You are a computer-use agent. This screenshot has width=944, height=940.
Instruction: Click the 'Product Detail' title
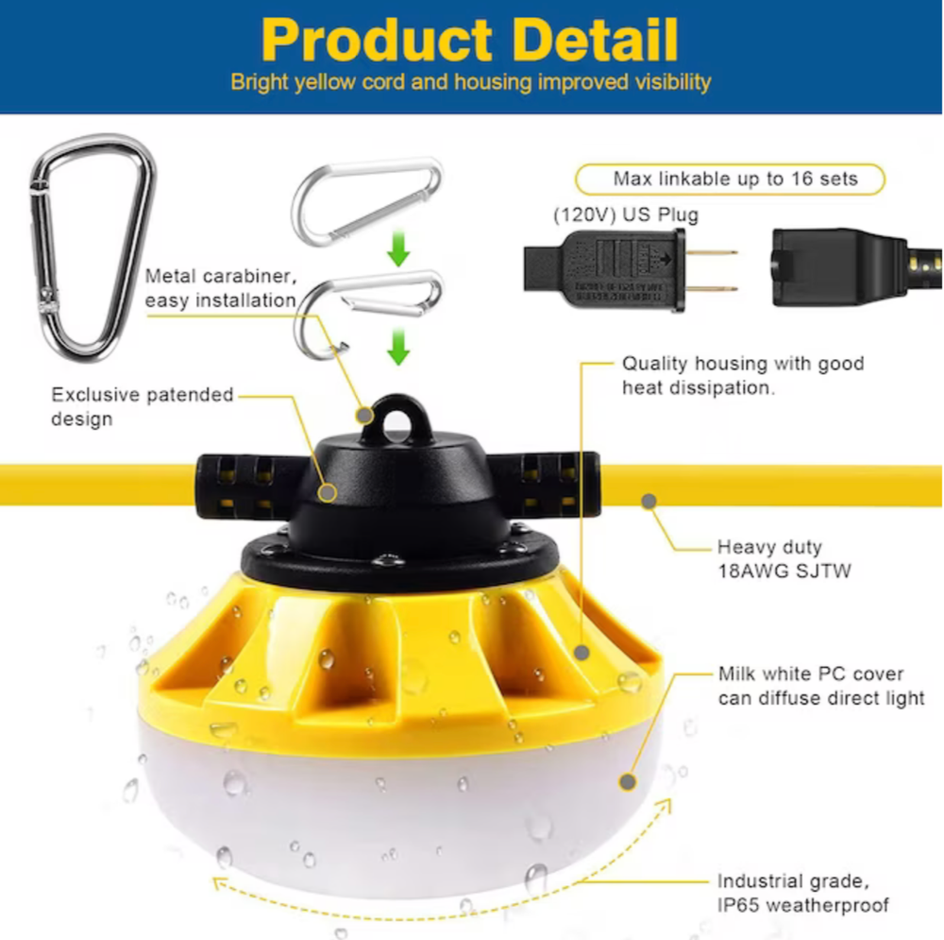(469, 40)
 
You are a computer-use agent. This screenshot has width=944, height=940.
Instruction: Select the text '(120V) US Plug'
(626, 215)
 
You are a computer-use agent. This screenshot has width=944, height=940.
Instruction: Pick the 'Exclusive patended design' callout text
(142, 405)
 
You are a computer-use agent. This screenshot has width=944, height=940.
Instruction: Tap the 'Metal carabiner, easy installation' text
(221, 288)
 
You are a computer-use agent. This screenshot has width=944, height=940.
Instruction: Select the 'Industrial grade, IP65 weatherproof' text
(802, 893)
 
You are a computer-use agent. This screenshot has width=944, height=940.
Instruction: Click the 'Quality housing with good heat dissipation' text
(742, 375)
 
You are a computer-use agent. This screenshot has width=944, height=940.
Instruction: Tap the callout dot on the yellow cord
(649, 500)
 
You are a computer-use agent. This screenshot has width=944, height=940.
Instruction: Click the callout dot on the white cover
(626, 780)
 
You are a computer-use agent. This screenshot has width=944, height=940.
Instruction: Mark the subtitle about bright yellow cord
(470, 82)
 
